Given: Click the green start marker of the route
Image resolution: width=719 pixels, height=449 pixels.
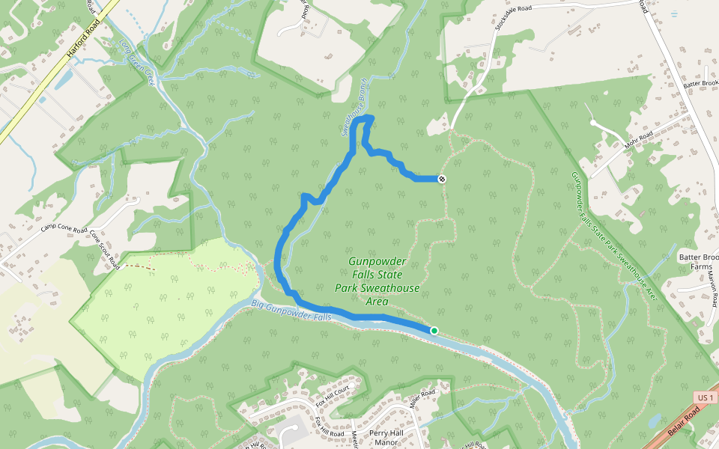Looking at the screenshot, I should coord(434,330).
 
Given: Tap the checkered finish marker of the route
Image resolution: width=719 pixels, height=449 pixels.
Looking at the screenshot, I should coord(442,179).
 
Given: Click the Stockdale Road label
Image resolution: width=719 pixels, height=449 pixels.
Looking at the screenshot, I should coord(513,19).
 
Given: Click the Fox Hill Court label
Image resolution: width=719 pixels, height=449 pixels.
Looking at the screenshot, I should coord(333,395).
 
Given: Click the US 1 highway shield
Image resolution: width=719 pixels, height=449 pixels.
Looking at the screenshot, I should coord(704,397).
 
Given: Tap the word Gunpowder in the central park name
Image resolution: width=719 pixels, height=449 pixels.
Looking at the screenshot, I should coord(377,261).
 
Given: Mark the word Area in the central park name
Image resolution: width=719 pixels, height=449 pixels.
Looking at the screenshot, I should coord(377,301).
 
